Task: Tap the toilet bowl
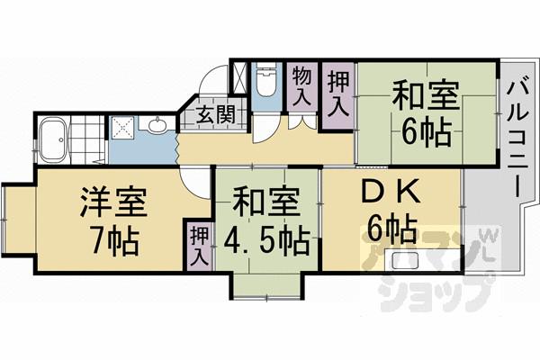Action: click(x=266, y=84)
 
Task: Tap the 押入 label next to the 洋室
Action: click(x=197, y=245)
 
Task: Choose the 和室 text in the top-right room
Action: click(x=423, y=95)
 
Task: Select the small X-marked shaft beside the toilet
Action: click(x=241, y=77)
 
